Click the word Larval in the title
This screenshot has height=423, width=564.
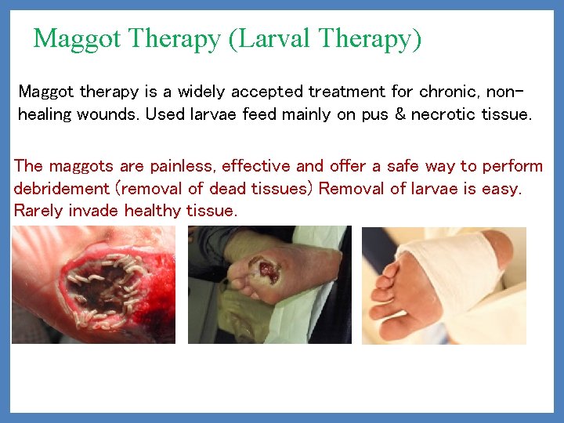coord(263,38)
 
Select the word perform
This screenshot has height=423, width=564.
coord(512,166)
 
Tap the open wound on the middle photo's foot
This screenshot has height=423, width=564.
coord(266,272)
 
